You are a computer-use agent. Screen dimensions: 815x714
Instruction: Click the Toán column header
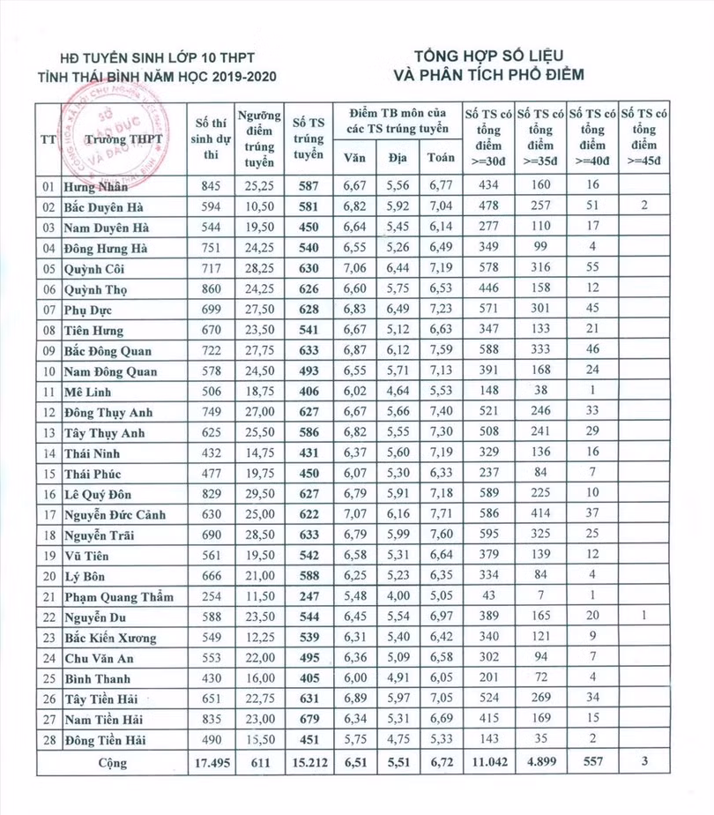[442, 158]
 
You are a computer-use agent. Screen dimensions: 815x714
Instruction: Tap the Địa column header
[398, 158]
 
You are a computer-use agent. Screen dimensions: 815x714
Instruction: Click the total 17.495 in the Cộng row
[210, 760]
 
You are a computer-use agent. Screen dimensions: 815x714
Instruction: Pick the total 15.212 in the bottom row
[308, 760]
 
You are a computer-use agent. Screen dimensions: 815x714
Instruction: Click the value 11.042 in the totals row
[487, 760]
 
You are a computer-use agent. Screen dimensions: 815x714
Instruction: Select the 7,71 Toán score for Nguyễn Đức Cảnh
[441, 514]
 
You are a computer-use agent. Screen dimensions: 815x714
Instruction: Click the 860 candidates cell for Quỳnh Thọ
[210, 288]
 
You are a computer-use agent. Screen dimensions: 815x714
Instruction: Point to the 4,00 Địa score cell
[398, 596]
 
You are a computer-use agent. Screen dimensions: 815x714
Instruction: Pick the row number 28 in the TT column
[48, 740]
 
